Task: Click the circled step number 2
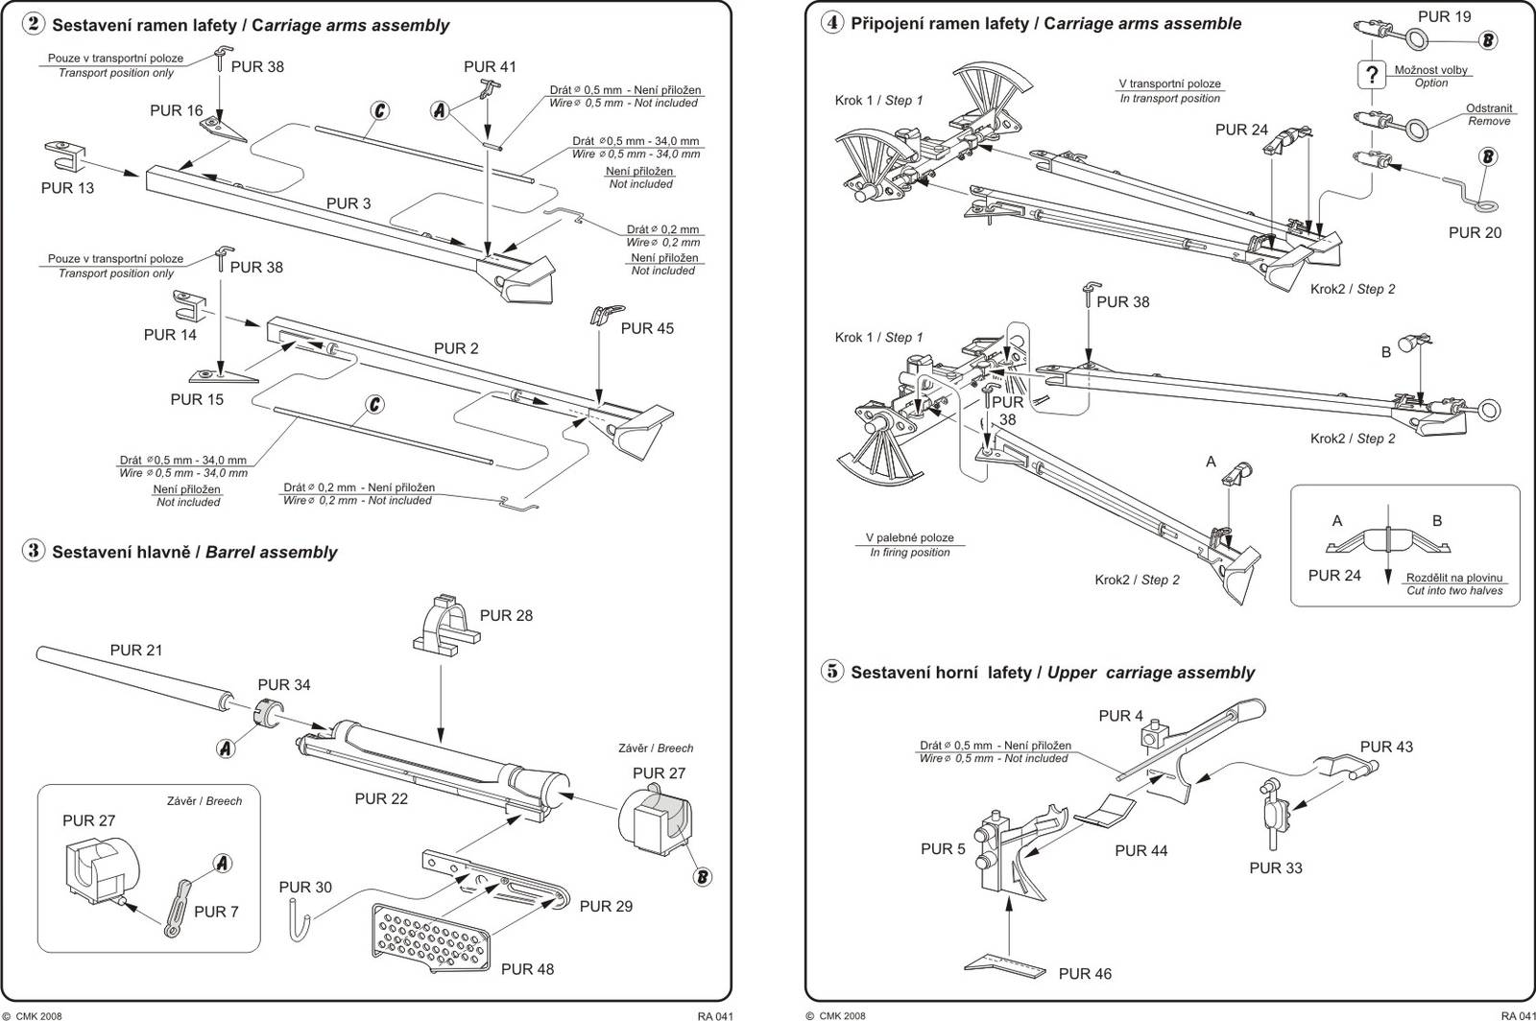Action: tap(34, 24)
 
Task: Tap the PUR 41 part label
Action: tap(490, 66)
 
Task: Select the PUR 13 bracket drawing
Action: tap(66, 154)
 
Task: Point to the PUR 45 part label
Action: tap(647, 328)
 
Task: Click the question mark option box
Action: tap(1373, 75)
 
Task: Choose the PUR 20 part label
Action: tap(1475, 232)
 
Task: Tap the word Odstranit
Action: tap(1489, 108)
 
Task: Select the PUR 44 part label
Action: tap(1140, 850)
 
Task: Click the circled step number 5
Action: tap(832, 671)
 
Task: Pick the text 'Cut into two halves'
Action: tap(1454, 591)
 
